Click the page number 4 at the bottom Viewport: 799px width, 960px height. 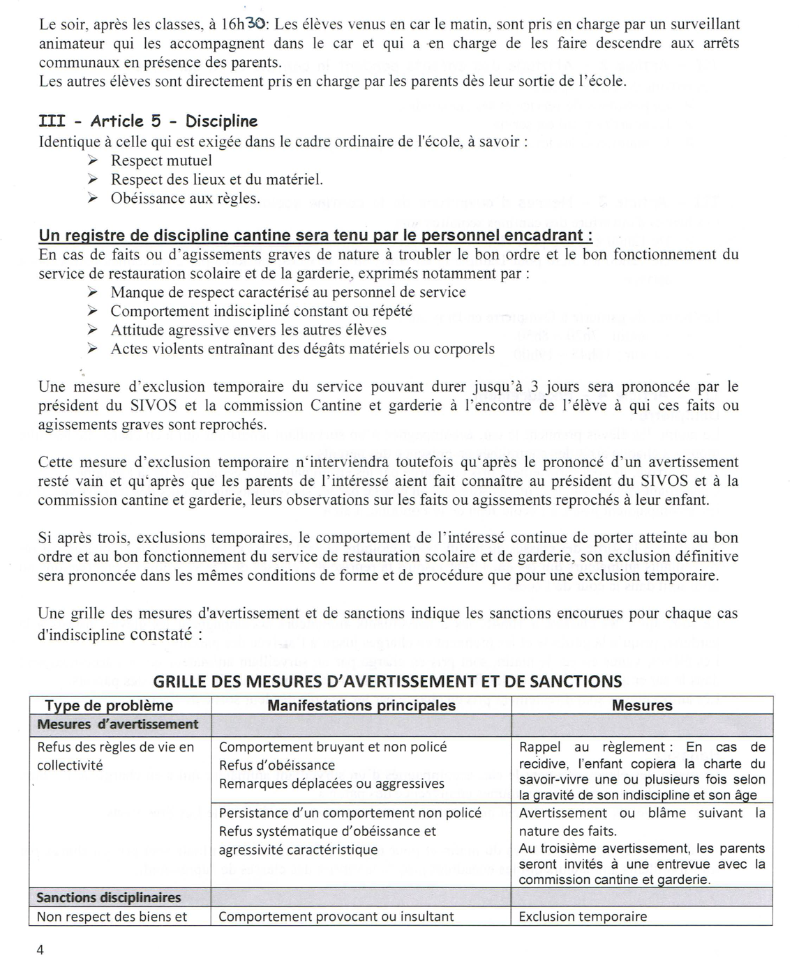[x=40, y=950]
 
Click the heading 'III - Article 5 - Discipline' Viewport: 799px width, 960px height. [x=148, y=121]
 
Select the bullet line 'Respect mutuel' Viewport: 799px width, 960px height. [x=161, y=160]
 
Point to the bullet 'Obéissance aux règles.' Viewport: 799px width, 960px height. [x=185, y=198]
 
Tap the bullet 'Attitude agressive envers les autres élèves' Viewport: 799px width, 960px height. [x=248, y=330]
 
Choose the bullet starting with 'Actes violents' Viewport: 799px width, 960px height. [x=302, y=349]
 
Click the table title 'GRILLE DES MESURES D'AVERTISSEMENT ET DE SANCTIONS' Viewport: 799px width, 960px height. [x=387, y=681]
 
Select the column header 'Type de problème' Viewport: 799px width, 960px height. [x=109, y=705]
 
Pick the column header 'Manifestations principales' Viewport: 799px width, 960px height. [x=361, y=705]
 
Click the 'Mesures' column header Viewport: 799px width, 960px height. [x=642, y=705]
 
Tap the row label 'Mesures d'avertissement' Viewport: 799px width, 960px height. [x=117, y=724]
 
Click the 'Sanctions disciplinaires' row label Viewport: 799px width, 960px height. [x=109, y=897]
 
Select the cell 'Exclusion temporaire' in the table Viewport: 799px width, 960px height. [x=583, y=917]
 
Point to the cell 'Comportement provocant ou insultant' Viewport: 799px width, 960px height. [x=336, y=917]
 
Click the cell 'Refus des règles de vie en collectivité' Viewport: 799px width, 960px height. [x=116, y=756]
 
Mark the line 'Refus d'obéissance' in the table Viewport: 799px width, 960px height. [x=277, y=765]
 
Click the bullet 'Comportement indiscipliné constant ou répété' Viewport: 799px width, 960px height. [x=261, y=311]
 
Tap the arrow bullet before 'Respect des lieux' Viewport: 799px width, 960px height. [x=93, y=180]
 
